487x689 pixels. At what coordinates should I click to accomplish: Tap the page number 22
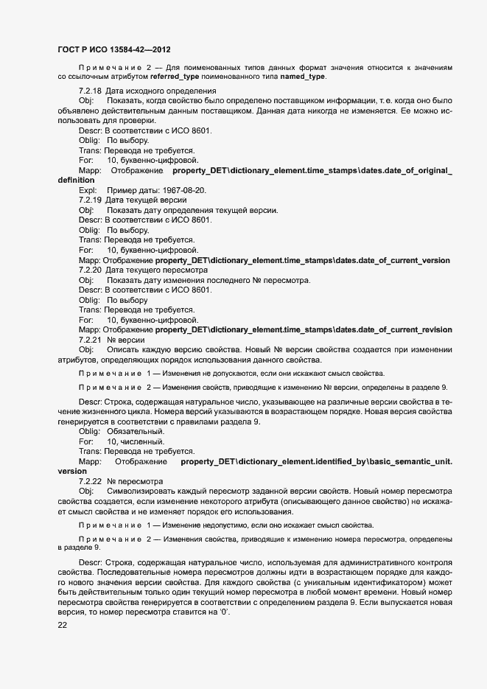(x=63, y=626)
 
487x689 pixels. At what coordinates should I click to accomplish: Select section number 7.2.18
(x=90, y=91)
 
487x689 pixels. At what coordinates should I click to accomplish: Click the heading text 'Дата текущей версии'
(x=146, y=200)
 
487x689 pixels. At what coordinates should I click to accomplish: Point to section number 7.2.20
(x=90, y=270)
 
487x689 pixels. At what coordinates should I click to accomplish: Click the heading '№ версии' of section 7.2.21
(x=126, y=340)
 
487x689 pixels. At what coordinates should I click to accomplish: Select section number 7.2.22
(x=90, y=480)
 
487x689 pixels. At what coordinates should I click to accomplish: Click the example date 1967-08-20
(x=183, y=190)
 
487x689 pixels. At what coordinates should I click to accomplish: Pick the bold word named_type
(x=302, y=76)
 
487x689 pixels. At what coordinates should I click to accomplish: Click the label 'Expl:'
(x=88, y=190)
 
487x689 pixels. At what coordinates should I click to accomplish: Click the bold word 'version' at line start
(x=72, y=470)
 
